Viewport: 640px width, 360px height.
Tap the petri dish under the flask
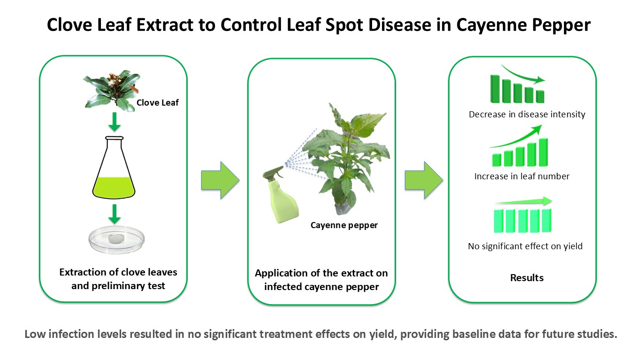[x=116, y=240]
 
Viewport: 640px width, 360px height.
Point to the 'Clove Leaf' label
[x=158, y=103]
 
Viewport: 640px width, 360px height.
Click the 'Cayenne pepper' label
[x=344, y=225]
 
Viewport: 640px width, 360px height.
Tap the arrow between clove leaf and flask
[x=114, y=122]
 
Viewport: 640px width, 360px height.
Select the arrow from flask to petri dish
[x=114, y=214]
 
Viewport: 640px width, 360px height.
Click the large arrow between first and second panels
[x=220, y=180]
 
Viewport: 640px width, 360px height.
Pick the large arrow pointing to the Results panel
[x=424, y=180]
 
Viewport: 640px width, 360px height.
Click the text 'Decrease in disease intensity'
[x=527, y=115]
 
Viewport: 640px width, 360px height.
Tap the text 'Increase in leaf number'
[x=522, y=176]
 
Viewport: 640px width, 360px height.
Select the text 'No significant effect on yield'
[x=525, y=246]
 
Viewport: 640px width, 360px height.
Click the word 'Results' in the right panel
[x=527, y=278]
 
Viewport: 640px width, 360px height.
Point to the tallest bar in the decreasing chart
[x=495, y=89]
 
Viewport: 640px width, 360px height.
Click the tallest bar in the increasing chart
[x=543, y=152]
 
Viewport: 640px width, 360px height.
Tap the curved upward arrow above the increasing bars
[x=518, y=138]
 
